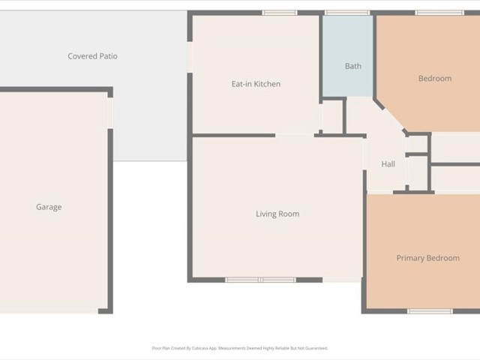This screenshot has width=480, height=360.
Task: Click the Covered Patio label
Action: point(92,56)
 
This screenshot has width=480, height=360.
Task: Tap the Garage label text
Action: point(49,207)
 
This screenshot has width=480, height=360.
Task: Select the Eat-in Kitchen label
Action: point(256,84)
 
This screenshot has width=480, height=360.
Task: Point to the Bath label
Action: point(352,66)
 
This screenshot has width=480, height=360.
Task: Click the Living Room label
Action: point(277,214)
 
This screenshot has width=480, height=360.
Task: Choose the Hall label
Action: point(388,164)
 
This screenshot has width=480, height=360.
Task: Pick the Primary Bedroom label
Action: point(427,258)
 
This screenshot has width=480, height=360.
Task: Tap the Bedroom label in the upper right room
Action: point(434,79)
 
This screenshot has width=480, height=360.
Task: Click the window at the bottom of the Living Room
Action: point(261,280)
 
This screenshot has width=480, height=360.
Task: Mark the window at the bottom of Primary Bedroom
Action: point(430,310)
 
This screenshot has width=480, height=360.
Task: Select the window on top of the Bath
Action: point(346,13)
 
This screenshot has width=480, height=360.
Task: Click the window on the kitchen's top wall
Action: point(280,13)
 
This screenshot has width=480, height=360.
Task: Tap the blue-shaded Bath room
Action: point(347,45)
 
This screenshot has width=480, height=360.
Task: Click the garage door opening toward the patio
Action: point(110,113)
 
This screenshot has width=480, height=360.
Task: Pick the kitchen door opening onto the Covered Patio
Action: point(189,55)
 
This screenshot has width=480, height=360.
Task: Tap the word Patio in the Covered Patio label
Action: point(106,56)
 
